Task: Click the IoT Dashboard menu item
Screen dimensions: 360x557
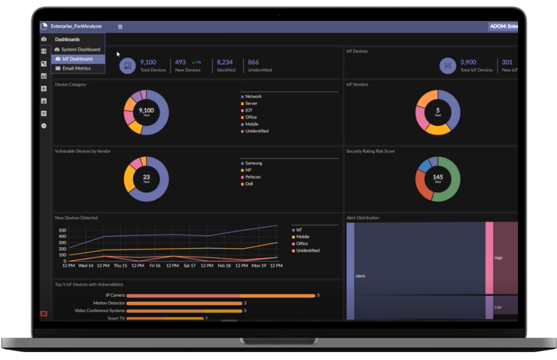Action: (x=77, y=59)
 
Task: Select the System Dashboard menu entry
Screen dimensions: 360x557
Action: (x=80, y=50)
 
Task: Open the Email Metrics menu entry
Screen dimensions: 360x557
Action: (x=76, y=68)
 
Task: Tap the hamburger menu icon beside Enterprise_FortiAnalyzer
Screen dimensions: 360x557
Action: (x=120, y=27)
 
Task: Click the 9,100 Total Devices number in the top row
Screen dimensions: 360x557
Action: (x=148, y=62)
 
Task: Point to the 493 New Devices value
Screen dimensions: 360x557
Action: (x=180, y=62)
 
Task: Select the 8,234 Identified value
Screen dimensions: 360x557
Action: (x=225, y=62)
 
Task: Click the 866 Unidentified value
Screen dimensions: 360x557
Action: (x=253, y=62)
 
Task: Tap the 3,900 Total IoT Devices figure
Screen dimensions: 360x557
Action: (x=468, y=62)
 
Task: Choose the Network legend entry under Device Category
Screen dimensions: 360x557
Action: (x=253, y=97)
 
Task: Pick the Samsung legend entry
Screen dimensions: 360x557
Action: (x=253, y=163)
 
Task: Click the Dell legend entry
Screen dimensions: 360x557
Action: (x=249, y=184)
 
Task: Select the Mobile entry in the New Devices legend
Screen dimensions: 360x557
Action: (x=303, y=237)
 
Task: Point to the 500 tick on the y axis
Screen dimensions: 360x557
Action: (x=62, y=231)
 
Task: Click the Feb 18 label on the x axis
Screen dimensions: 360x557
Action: (x=224, y=266)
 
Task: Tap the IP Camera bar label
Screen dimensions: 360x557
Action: (x=115, y=295)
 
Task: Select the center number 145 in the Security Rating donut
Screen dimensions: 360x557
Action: (x=438, y=177)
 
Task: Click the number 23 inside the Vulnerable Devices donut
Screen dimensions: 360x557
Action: (x=146, y=177)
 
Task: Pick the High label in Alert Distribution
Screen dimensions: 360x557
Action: (x=498, y=258)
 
